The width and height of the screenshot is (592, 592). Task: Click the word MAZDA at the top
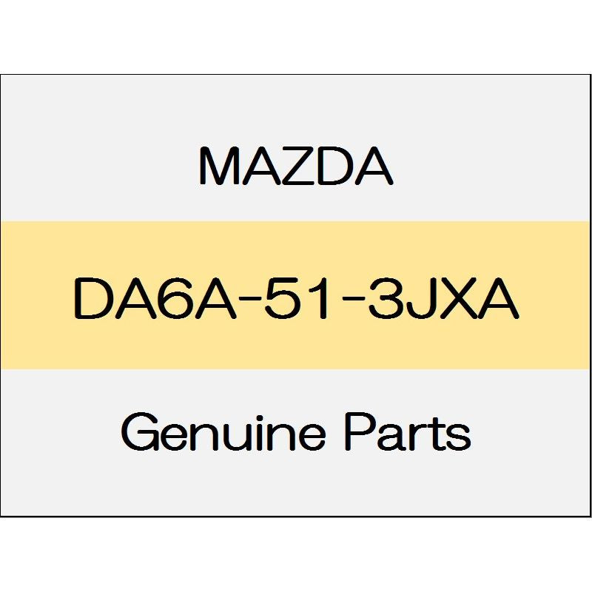(296, 166)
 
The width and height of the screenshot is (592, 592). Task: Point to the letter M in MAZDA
(218, 166)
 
